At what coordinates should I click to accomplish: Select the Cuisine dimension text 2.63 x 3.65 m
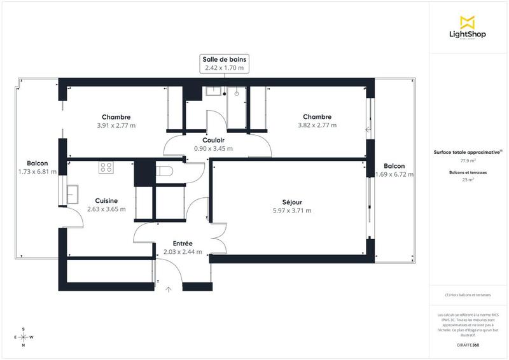(106, 209)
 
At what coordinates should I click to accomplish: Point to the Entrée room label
(183, 244)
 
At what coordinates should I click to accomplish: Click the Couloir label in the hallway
(213, 140)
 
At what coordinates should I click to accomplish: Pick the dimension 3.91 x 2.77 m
(116, 125)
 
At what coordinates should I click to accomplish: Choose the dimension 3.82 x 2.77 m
(317, 125)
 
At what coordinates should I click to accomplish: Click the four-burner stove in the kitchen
(106, 168)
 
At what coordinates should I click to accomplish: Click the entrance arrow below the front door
(169, 289)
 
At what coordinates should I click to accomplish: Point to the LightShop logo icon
(468, 22)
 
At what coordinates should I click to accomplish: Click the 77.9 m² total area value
(468, 161)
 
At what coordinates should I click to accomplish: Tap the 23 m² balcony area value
(468, 180)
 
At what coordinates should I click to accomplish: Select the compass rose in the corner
(24, 337)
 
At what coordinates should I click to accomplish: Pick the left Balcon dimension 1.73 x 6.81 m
(38, 171)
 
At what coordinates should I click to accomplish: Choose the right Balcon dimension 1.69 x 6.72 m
(394, 174)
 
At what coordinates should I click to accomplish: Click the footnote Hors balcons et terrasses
(468, 294)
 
